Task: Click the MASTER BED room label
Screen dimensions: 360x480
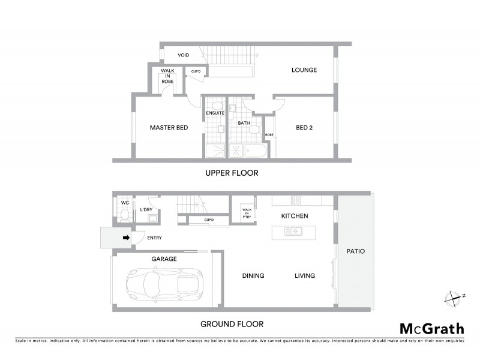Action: click(x=166, y=127)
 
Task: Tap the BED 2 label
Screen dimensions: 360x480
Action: click(x=304, y=127)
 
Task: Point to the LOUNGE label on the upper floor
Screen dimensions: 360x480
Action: click(x=304, y=70)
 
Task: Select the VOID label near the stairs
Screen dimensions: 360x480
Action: click(x=183, y=55)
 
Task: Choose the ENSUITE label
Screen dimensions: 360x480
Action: click(x=215, y=113)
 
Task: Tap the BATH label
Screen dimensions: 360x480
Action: click(x=244, y=123)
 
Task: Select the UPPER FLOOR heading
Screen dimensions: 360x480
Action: click(x=231, y=173)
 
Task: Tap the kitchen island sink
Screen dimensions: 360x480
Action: click(x=295, y=230)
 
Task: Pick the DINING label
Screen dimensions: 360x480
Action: click(x=253, y=276)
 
